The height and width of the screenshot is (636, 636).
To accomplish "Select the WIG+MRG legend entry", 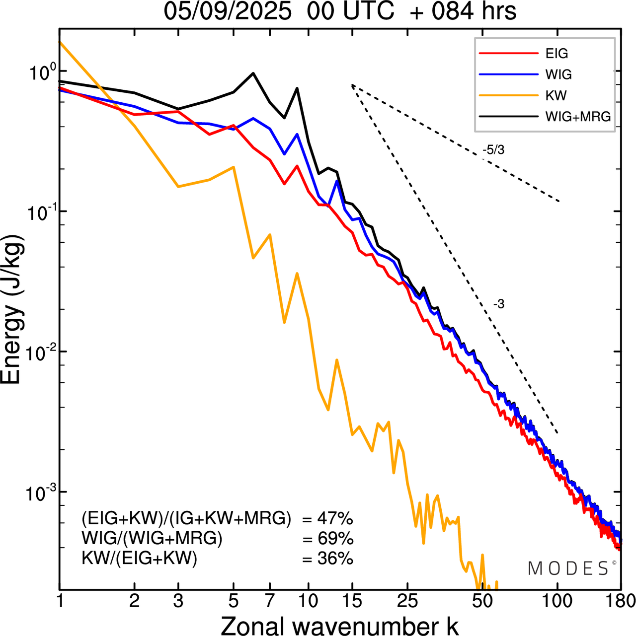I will coord(578,117).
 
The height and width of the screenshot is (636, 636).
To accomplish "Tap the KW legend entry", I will coord(556,95).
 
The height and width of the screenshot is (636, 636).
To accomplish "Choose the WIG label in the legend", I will coord(558,74).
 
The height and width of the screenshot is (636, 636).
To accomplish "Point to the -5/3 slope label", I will coord(493,149).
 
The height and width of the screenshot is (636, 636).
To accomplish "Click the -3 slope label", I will coord(498,304).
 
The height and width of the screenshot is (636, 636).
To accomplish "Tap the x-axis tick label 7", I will coord(270,601).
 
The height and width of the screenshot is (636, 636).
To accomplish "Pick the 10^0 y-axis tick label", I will coord(39,72).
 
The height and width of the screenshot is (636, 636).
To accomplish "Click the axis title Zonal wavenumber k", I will coord(339,625).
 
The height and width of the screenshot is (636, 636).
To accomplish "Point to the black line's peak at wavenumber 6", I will coord(253,73).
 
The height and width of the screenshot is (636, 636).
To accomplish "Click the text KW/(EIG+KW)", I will coord(140,559).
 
